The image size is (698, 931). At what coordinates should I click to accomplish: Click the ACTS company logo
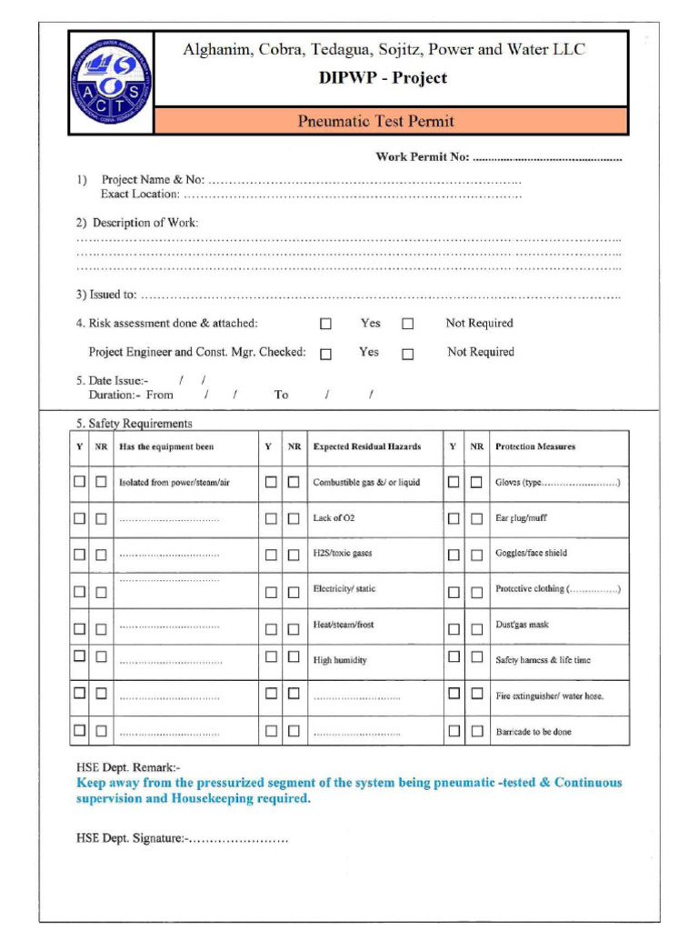(111, 83)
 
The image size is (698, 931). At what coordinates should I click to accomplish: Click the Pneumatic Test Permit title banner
(375, 121)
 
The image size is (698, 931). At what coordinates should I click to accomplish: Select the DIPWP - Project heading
(383, 78)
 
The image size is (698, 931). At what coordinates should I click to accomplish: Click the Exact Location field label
(140, 194)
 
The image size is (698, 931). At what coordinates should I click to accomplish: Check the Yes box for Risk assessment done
(325, 324)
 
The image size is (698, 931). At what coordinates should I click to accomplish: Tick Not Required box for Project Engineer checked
(407, 354)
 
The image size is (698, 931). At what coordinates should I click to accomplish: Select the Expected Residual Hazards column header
(367, 446)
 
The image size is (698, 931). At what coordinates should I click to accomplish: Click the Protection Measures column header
(535, 446)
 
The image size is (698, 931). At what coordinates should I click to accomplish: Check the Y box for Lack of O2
(271, 518)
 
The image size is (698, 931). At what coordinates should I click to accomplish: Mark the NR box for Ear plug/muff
(476, 518)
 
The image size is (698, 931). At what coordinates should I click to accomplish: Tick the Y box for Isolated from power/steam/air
(80, 482)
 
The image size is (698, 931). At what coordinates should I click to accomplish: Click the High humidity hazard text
(340, 661)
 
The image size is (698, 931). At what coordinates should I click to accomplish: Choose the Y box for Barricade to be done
(454, 731)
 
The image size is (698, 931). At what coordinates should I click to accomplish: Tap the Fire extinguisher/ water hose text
(549, 696)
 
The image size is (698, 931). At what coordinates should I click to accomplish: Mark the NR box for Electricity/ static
(294, 592)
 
